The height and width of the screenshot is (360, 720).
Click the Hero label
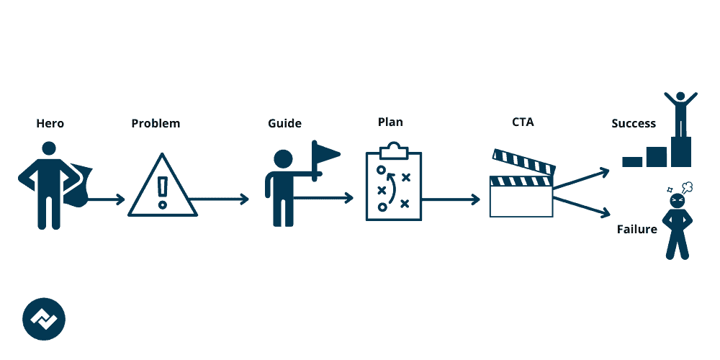click(50, 124)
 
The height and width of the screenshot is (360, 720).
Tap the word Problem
click(156, 124)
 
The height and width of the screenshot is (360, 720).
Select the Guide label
click(284, 124)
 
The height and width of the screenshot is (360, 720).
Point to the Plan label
click(390, 122)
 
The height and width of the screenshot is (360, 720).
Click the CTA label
click(523, 123)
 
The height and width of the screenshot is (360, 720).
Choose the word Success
click(634, 124)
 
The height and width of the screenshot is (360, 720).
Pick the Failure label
click(637, 230)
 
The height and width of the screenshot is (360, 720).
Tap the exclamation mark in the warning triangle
click(163, 191)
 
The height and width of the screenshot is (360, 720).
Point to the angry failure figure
click(678, 222)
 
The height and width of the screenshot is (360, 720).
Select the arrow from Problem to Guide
click(220, 199)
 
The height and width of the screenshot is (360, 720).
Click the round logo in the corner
click(44, 318)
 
